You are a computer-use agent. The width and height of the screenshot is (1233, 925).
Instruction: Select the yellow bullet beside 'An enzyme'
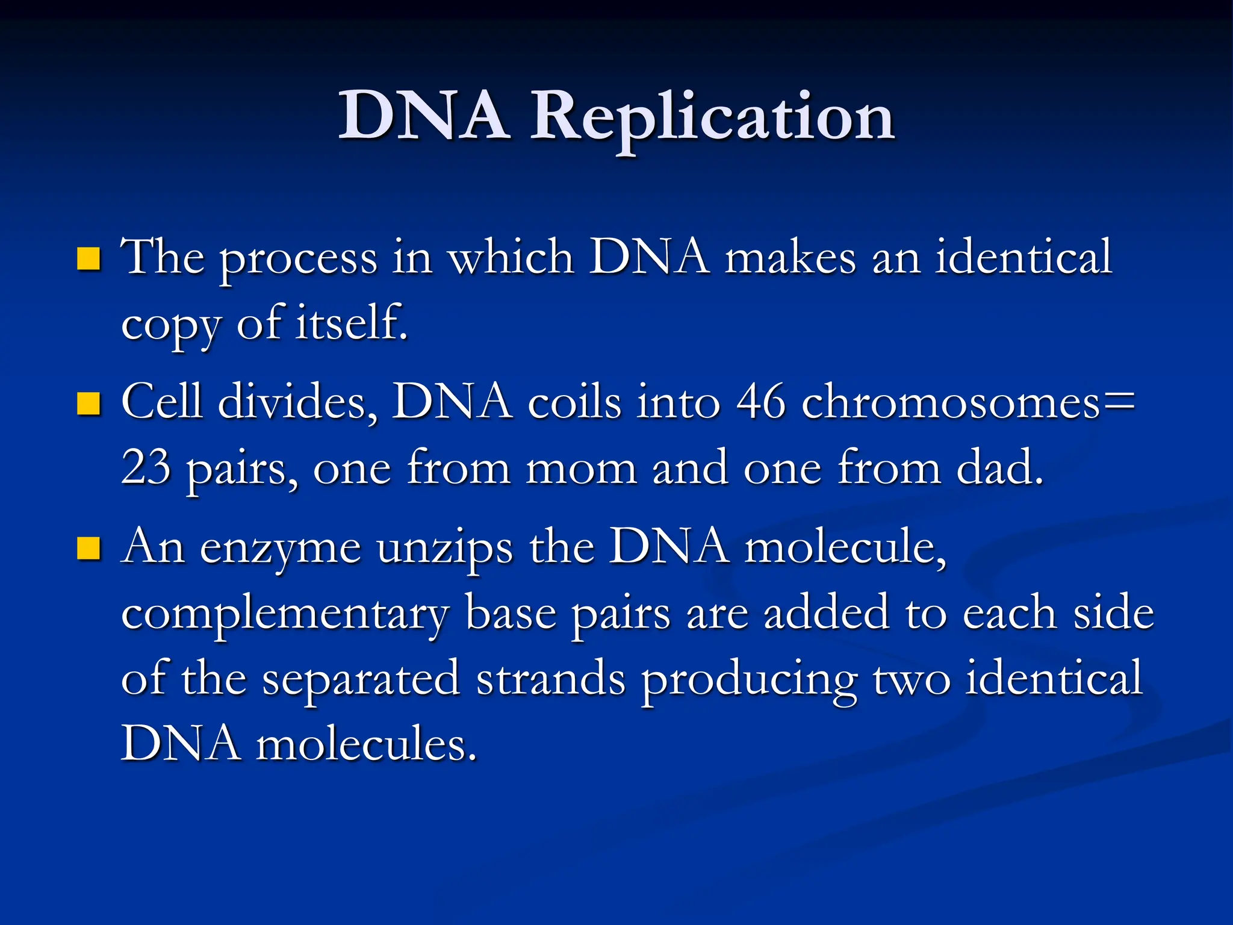(89, 548)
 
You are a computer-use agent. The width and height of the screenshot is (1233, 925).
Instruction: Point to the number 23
(146, 467)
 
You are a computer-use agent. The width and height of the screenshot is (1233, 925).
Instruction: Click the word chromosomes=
(968, 402)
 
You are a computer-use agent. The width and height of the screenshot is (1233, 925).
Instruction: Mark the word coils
(574, 402)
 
